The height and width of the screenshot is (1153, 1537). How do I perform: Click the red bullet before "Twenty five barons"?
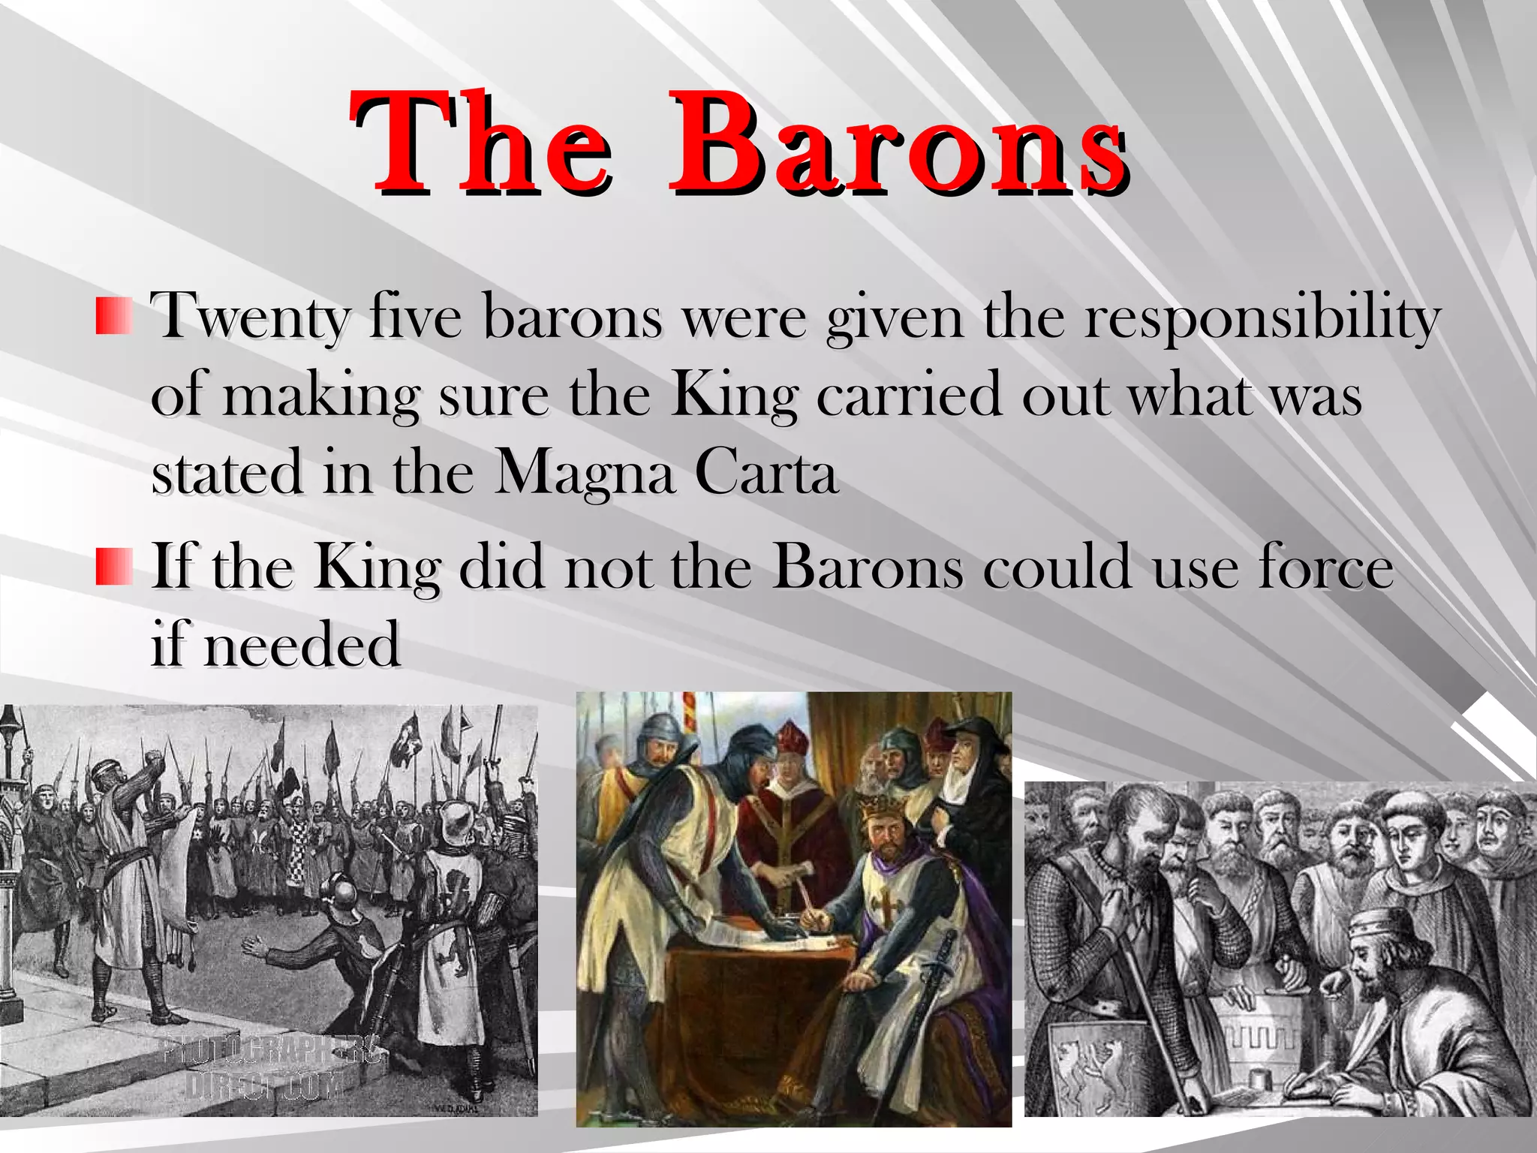point(114,315)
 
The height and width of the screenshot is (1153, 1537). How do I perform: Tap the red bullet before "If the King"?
point(114,566)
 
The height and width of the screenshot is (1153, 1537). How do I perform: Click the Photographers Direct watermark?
point(270,1066)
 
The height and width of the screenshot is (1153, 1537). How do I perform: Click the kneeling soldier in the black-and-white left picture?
point(330,938)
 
